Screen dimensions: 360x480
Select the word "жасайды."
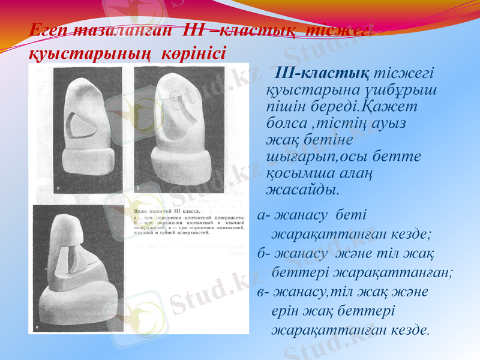(x=302, y=190)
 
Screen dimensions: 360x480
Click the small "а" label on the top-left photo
(x=58, y=187)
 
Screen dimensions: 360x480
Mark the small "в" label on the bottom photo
(x=37, y=328)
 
